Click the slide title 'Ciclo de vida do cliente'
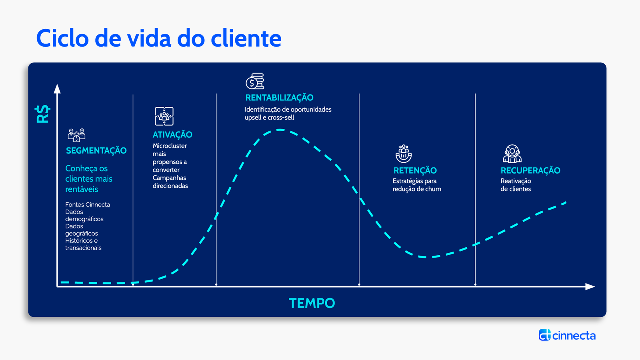pos(159,38)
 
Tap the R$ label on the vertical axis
pos(42,114)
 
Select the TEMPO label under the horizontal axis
pos(312,303)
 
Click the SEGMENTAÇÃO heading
pos(96,150)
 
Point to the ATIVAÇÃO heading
pos(172,134)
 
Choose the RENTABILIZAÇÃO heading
pos(280,98)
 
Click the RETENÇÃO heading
pos(415,170)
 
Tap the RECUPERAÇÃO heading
pos(530,170)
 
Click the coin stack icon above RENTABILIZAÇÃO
pos(255,81)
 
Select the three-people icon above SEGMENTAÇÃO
pos(76,134)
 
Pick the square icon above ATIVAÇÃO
pos(164,116)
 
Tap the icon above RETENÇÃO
pos(404,154)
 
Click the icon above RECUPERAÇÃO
pos(512,154)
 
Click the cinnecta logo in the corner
pos(567,335)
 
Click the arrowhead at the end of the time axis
pos(590,286)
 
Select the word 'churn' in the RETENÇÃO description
pos(432,189)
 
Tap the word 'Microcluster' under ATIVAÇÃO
pos(170,146)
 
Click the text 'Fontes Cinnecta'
pos(88,204)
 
